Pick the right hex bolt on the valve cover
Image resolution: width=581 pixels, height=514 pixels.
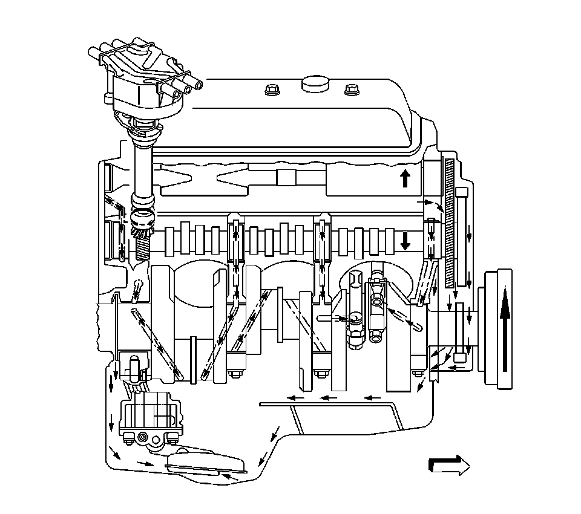coord(350,90)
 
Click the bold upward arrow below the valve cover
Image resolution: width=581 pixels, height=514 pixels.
coord(405,178)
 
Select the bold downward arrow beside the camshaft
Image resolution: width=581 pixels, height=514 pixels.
coord(405,240)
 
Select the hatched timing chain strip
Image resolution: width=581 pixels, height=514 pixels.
coord(450,224)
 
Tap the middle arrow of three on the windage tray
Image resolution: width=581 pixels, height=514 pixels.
coord(329,398)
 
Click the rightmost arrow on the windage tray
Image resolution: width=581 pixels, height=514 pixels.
coord(372,398)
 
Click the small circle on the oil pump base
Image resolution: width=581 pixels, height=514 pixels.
coord(143,437)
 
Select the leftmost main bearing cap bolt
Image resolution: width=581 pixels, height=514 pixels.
coord(234,373)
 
